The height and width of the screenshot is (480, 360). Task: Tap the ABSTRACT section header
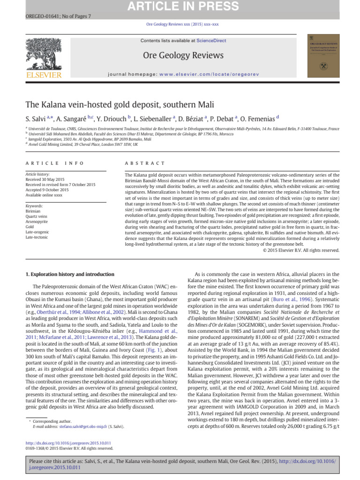point(145,163)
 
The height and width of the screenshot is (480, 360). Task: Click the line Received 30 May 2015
point(45,180)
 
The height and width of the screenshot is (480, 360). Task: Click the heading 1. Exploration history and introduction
point(69,274)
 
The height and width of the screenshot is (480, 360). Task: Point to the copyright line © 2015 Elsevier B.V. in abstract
point(300,250)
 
